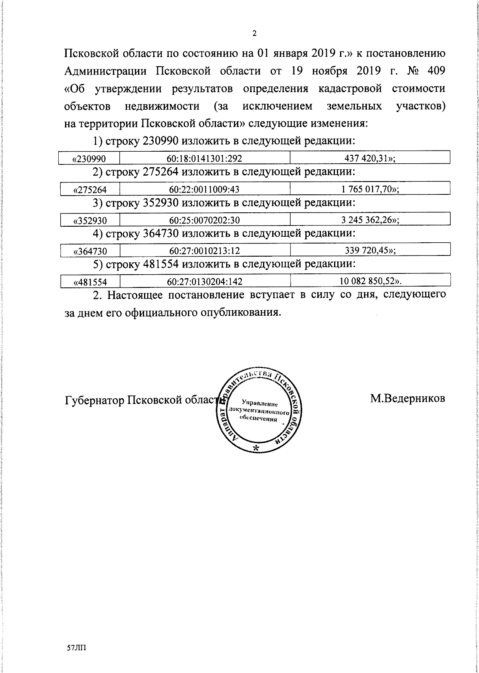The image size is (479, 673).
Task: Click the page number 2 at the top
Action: (254, 34)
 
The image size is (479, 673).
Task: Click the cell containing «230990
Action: (89, 158)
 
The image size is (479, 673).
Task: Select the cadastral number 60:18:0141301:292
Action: (204, 158)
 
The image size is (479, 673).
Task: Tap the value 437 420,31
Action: (370, 158)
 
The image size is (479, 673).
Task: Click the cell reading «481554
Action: (90, 282)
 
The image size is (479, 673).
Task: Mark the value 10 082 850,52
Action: (370, 281)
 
